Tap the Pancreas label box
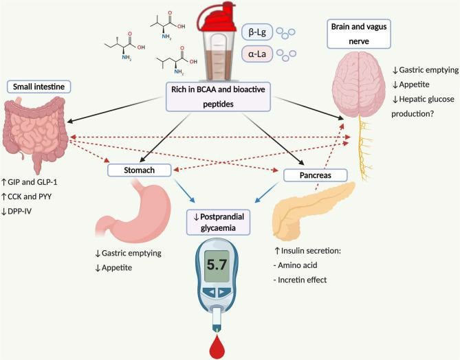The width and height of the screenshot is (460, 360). (312, 175)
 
